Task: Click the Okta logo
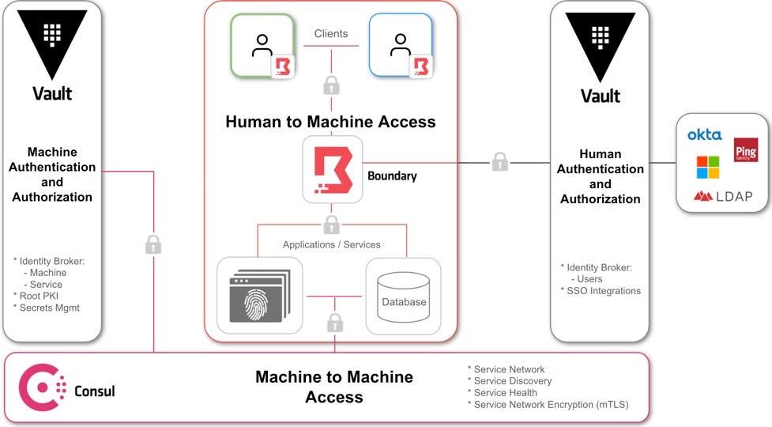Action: pos(705,134)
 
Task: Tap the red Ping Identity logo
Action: pos(746,150)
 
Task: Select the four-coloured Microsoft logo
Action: pos(708,168)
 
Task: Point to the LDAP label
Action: pos(734,197)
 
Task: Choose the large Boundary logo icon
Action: pos(333,170)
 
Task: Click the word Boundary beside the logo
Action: pos(392,176)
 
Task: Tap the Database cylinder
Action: pos(403,297)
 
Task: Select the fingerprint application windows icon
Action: pos(260,296)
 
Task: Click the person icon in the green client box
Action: pos(262,45)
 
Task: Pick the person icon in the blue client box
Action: pos(401,45)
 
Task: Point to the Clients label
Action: pos(331,33)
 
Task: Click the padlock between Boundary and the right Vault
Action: pos(499,161)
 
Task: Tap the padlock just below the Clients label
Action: pos(331,85)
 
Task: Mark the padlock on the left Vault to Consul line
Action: pos(153,244)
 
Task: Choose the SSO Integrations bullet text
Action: pos(601,291)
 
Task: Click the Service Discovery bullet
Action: pos(510,380)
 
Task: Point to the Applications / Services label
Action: pos(331,244)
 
